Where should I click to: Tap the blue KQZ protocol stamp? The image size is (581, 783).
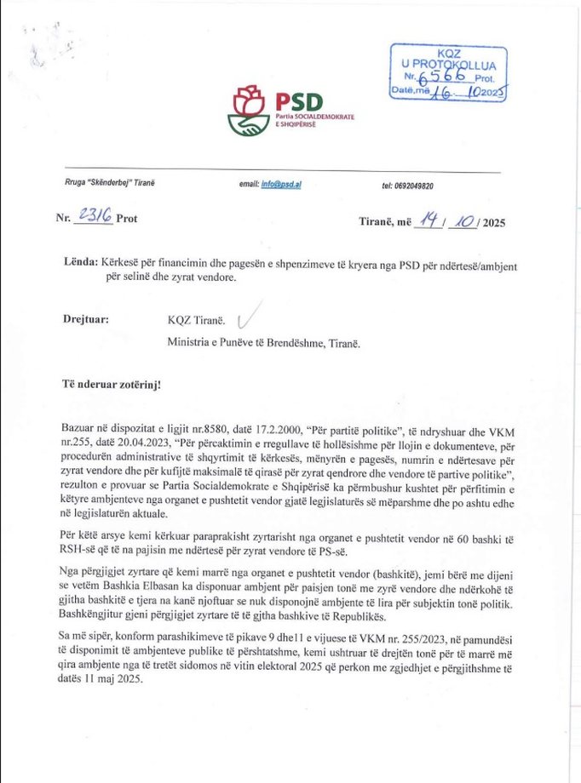click(448, 74)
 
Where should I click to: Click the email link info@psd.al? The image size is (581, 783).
click(282, 185)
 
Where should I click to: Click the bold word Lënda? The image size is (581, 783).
click(80, 264)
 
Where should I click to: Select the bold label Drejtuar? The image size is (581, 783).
click(86, 320)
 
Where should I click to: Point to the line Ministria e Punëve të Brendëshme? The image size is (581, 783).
click(264, 344)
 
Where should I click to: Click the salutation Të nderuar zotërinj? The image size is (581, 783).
click(112, 384)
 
